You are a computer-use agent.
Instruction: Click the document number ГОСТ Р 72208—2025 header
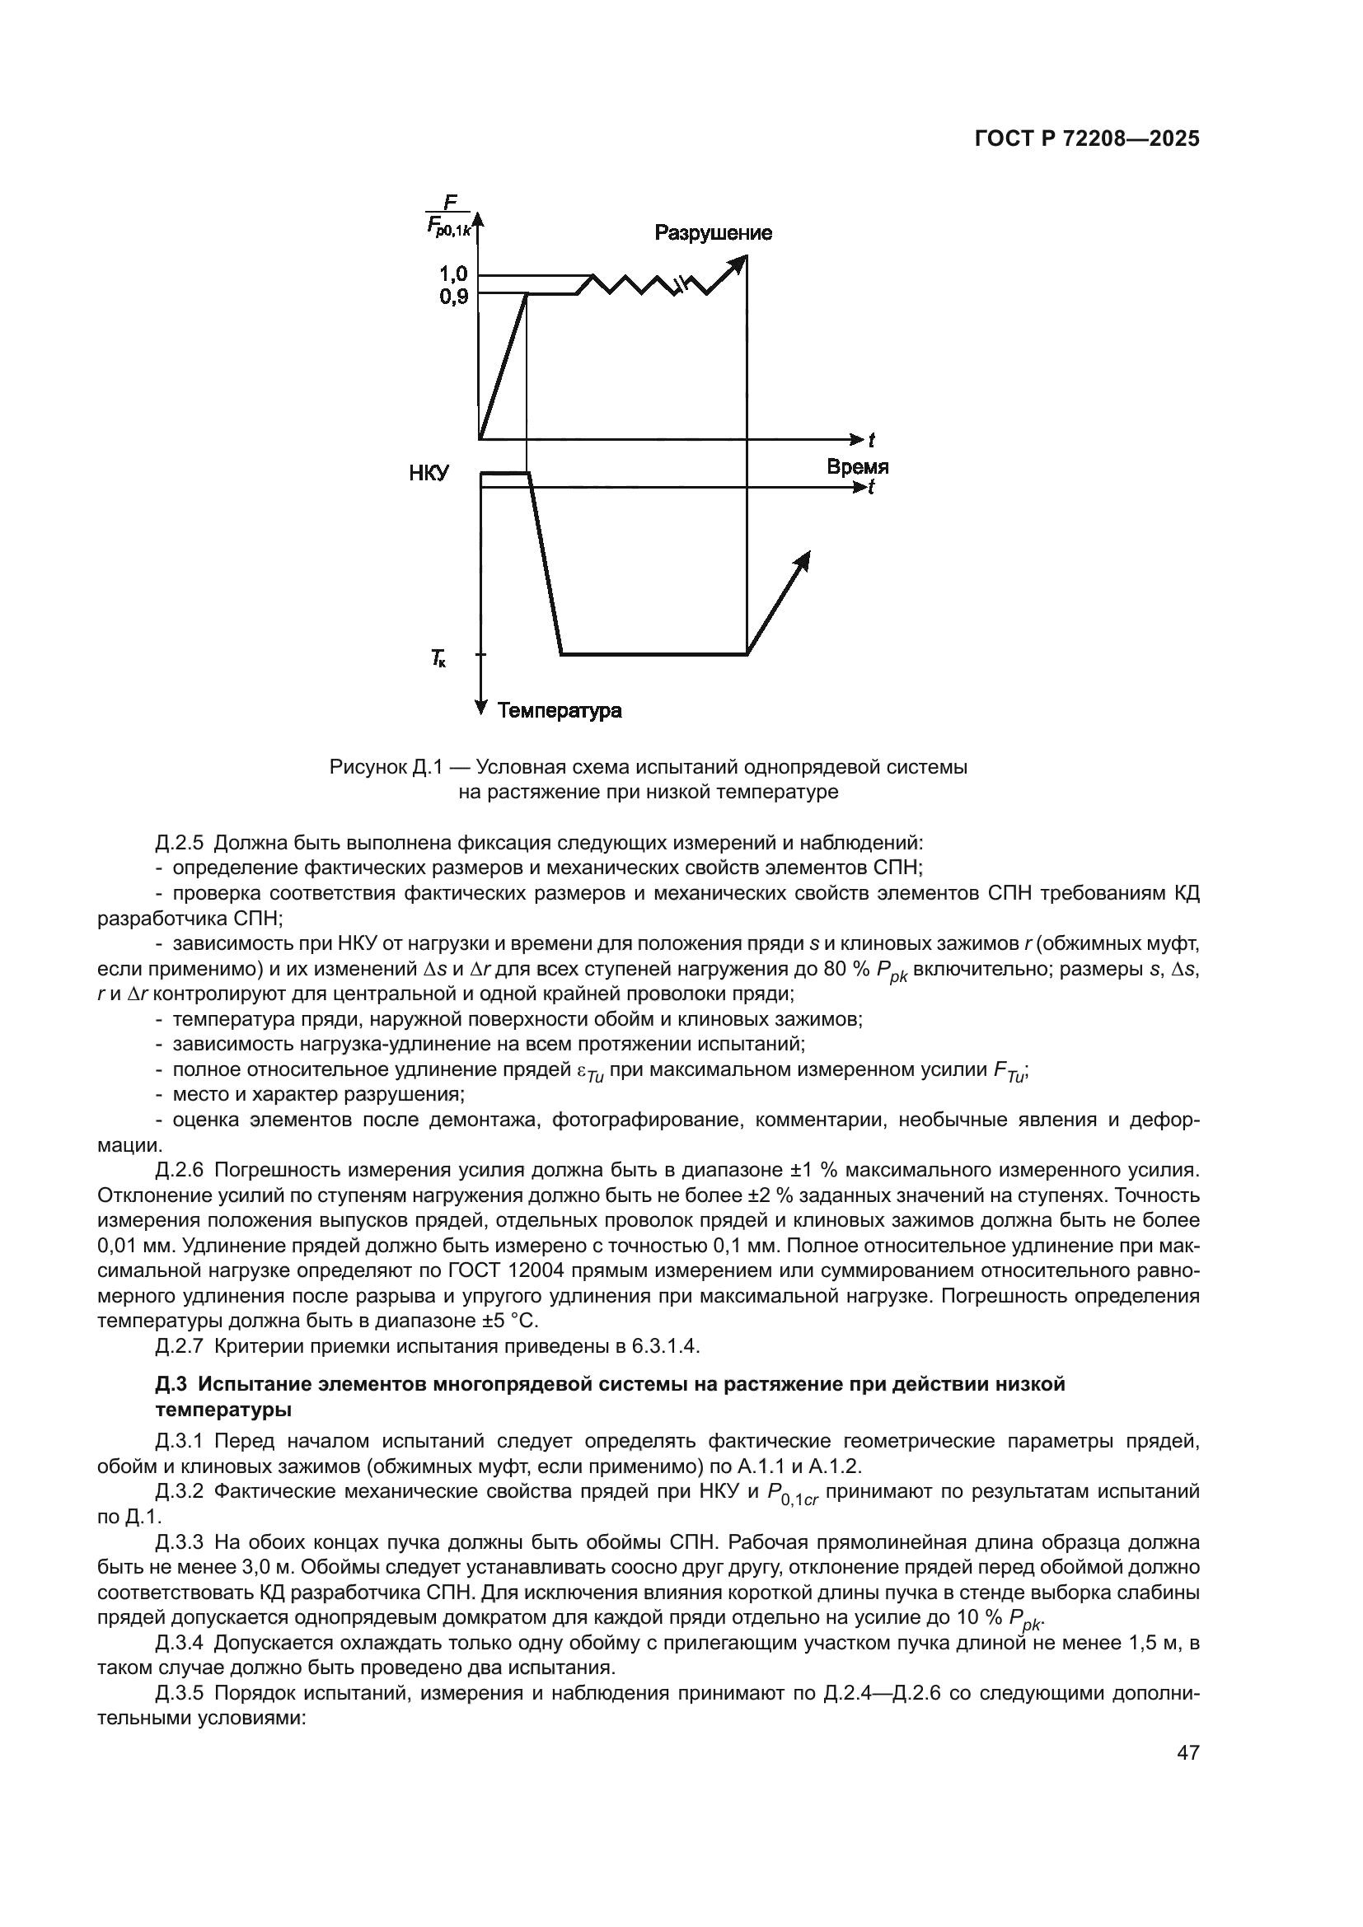click(1087, 139)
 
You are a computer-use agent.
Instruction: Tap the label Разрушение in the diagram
click(713, 232)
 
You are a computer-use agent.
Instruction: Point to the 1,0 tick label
click(454, 274)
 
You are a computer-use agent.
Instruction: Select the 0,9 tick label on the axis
click(454, 296)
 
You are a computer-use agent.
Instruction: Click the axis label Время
click(857, 466)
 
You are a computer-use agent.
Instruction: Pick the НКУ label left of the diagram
click(429, 474)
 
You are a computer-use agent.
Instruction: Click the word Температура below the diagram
click(560, 711)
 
